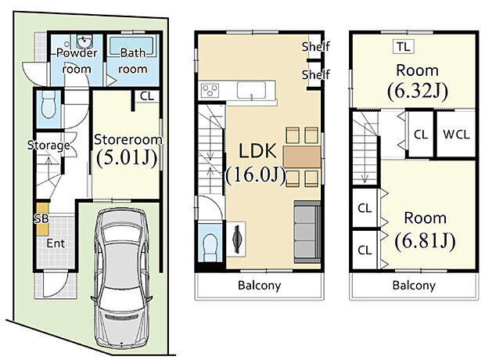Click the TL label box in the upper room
pos(404,47)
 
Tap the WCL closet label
pos(456,135)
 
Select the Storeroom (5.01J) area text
pos(128,150)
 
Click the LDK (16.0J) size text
pos(257,164)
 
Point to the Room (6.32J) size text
pos(418,82)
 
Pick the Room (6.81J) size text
pos(426,230)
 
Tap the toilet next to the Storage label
pos(48,105)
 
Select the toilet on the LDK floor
pos(211,243)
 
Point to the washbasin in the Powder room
pos(83,41)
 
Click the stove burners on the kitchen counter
pos(210,90)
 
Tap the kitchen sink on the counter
pos(251,90)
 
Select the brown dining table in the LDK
pos(302,157)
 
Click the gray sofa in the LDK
pos(307,232)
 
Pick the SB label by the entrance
pos(41,219)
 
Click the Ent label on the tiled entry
pos(56,243)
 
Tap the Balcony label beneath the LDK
pos(260,286)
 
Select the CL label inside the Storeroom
pos(147,96)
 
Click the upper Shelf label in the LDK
pos(316,47)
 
